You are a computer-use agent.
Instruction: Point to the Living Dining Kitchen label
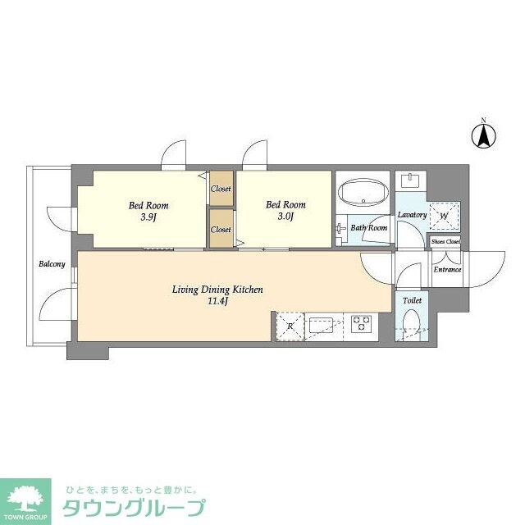217,290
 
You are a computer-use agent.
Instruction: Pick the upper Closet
221,189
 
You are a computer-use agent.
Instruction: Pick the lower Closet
221,230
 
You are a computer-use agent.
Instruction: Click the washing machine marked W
444,216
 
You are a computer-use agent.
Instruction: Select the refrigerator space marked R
290,326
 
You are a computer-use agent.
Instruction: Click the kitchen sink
322,326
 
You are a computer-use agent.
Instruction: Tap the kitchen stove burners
360,324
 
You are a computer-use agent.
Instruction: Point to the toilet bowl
411,331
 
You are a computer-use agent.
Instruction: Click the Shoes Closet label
445,242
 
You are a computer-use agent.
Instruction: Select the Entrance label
446,269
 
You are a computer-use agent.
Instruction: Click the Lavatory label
411,215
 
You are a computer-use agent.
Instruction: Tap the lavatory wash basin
410,180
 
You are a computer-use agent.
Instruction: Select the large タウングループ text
133,507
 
